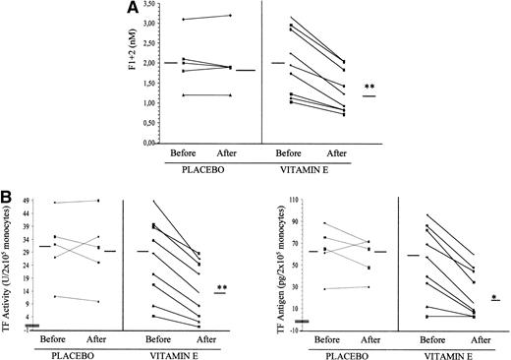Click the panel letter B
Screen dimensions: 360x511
click(9, 198)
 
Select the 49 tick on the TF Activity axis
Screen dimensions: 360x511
click(28, 203)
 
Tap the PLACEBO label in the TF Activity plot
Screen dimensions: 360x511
click(77, 351)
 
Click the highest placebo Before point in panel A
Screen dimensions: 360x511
click(182, 20)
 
